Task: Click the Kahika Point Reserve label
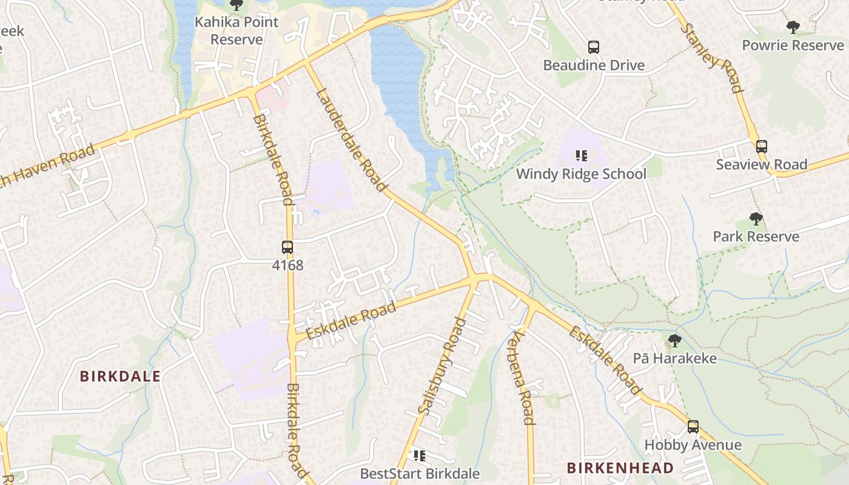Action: click(x=236, y=31)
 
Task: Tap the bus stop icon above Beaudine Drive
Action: click(x=594, y=47)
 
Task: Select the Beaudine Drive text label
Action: click(x=594, y=65)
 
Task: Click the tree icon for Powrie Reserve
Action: click(x=793, y=27)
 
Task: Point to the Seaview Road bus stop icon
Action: click(x=762, y=146)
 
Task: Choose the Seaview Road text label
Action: click(x=762, y=164)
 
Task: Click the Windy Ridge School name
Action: click(x=581, y=174)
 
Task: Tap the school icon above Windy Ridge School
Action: click(x=582, y=156)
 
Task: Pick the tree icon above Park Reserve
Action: click(x=756, y=218)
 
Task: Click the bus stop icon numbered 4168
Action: click(x=287, y=247)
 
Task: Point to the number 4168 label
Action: click(x=287, y=265)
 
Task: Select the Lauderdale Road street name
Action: click(x=351, y=140)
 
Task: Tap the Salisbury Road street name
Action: click(x=442, y=366)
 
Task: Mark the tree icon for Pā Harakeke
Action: click(x=674, y=341)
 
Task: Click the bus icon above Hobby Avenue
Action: click(x=693, y=427)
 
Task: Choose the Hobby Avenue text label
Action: click(x=693, y=445)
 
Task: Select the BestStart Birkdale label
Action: click(x=420, y=473)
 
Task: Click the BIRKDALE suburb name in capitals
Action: click(x=120, y=376)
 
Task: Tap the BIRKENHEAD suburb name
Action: click(x=620, y=468)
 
